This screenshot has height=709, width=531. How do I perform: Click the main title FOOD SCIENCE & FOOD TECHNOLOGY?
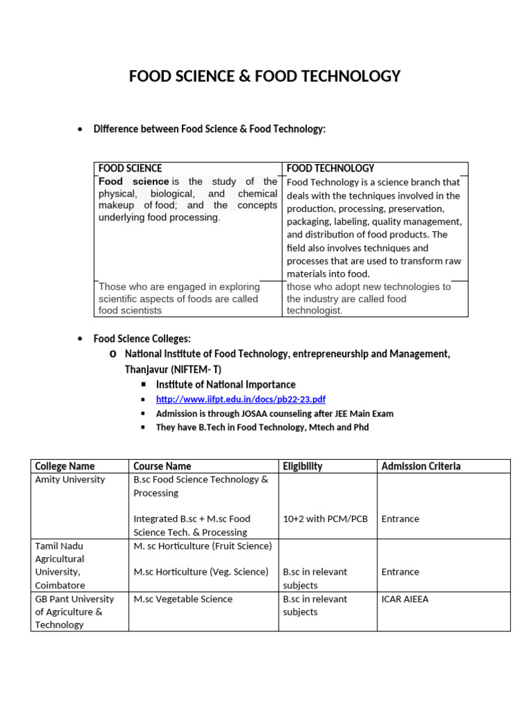tap(265, 76)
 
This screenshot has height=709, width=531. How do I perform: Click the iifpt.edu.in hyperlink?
tap(241, 400)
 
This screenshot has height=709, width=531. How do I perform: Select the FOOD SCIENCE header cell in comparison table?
tap(131, 168)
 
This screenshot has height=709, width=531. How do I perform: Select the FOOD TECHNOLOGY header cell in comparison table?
tap(330, 168)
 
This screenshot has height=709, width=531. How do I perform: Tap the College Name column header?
tap(64, 466)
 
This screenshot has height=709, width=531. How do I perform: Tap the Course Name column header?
tap(162, 466)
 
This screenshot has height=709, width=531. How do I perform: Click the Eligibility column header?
tap(302, 466)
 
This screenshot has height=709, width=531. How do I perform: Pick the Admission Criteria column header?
tap(420, 466)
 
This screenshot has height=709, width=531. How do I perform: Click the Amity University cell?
tap(70, 479)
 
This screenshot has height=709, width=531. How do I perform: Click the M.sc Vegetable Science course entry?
tap(183, 599)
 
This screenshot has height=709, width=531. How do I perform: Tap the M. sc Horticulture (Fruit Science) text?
tap(203, 546)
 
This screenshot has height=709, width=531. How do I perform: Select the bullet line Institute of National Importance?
tap(225, 384)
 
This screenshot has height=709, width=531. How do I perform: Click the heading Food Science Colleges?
tap(142, 339)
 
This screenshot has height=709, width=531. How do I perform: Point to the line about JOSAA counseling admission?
tap(274, 413)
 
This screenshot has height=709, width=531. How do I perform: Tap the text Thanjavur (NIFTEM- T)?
tap(173, 369)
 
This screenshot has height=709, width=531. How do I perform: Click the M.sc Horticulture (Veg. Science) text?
tap(201, 572)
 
